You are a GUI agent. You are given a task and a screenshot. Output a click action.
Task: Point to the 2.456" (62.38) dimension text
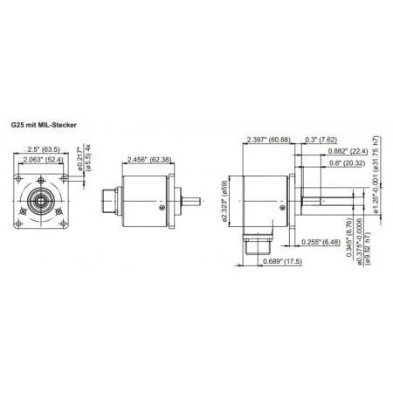pyautogui.click(x=146, y=160)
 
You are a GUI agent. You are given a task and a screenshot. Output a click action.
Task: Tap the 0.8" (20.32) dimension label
pyautogui.click(x=341, y=162)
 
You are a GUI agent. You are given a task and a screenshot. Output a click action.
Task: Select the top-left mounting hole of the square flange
pyautogui.click(x=25, y=183)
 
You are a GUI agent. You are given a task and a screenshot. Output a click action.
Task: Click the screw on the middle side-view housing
pyautogui.click(x=162, y=208)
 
